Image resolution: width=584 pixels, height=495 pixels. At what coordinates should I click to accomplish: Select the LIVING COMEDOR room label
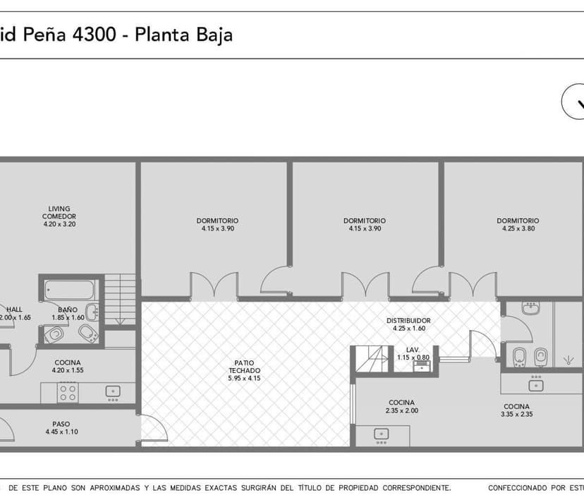point(59,216)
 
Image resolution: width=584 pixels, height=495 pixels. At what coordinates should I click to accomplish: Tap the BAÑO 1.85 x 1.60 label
point(68,314)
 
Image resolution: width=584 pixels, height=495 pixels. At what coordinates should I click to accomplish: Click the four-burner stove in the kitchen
point(68,392)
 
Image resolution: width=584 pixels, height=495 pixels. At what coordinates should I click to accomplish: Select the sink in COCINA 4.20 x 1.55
point(112,390)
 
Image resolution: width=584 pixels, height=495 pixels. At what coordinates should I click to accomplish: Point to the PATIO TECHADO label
point(244,371)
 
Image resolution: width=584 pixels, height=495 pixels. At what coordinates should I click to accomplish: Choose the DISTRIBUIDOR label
point(408,324)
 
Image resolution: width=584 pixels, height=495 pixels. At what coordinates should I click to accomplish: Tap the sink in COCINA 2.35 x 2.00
point(382,434)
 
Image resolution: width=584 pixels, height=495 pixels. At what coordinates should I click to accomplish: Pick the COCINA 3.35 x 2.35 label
point(517,410)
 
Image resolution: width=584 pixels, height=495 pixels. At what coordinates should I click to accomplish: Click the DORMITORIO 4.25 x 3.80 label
point(518,224)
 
